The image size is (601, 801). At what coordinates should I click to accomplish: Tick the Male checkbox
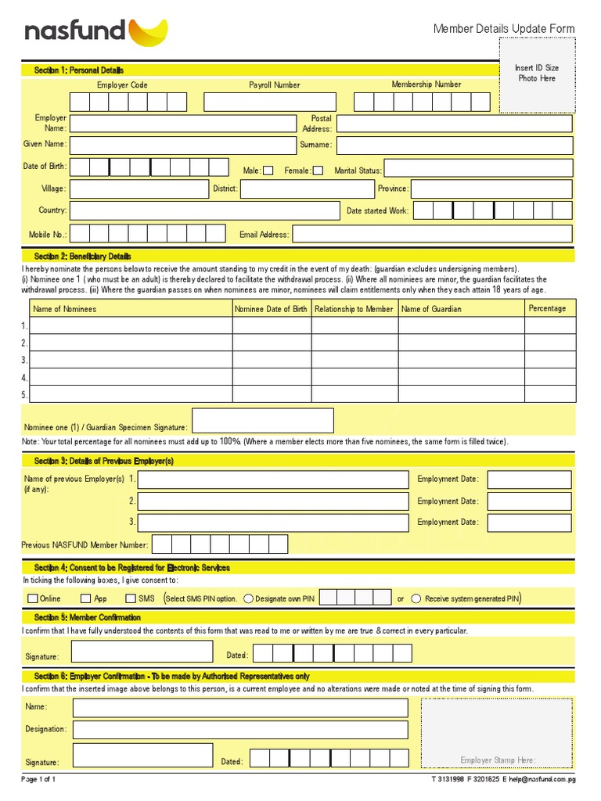pos(268,171)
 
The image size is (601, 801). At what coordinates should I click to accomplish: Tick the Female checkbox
pos(318,171)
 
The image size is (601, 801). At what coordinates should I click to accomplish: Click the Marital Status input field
pos(478,168)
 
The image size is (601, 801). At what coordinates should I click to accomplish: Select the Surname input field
pos(454,145)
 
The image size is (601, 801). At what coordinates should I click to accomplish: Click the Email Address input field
pos(432,234)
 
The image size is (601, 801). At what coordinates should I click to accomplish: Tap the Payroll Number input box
pos(270,102)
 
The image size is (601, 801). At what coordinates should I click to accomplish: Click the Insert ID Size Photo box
pos(537,74)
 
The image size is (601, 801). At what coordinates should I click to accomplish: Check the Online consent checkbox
pos(32,598)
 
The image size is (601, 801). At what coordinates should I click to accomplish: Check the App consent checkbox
pos(86,598)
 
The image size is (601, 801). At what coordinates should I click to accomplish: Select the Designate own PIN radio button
pos(248,598)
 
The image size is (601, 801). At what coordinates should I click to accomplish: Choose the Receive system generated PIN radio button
pos(417,598)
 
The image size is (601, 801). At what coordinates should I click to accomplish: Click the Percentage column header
pos(547,308)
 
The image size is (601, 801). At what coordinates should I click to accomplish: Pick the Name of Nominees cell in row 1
pos(131,325)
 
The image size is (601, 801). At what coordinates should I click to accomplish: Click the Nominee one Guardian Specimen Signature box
pos(262,420)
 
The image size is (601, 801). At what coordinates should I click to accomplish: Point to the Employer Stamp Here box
pos(498,733)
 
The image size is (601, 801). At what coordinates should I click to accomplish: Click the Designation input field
pos(240,729)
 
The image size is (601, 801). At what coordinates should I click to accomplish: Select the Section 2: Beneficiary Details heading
pos(83,256)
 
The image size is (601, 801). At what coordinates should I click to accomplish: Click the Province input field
pos(491,189)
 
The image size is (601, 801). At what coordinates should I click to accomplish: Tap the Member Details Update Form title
pos(504,29)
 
